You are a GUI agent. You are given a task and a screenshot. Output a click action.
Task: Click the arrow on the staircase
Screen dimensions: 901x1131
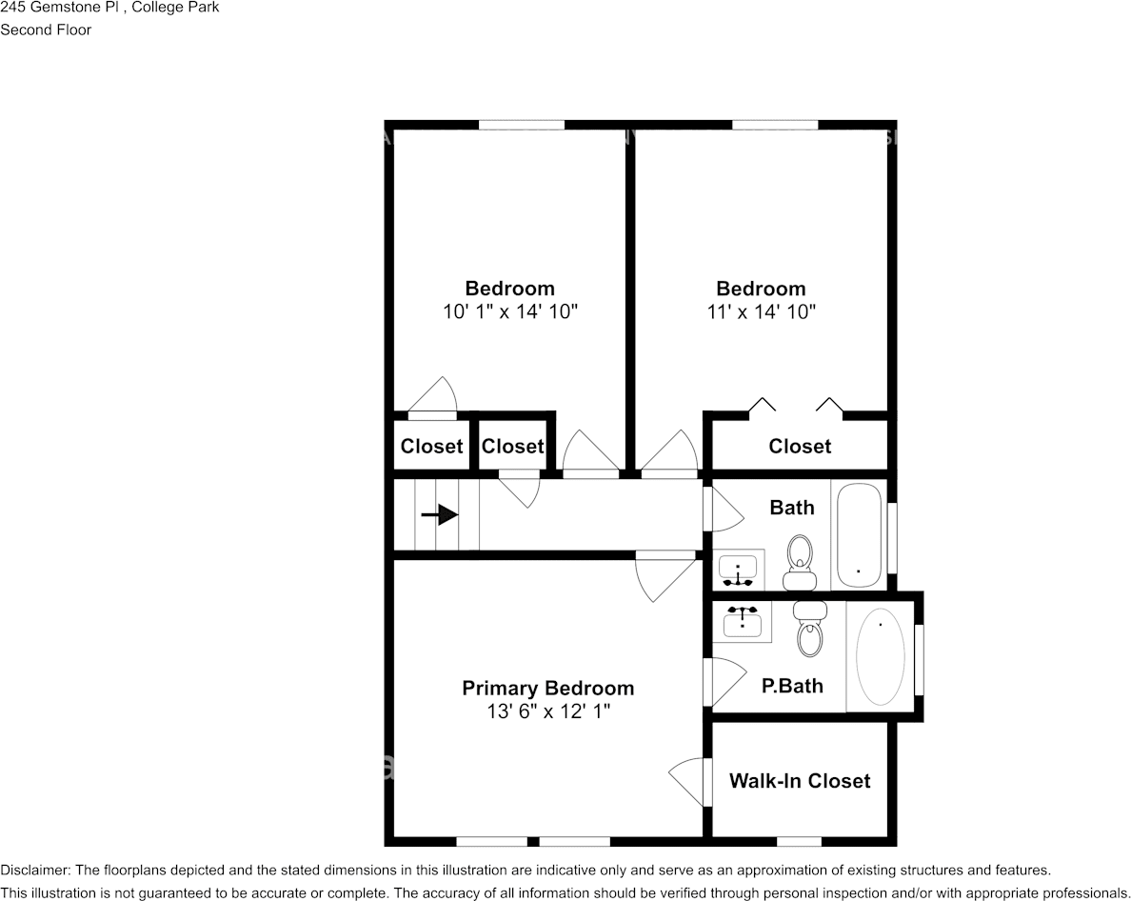point(439,515)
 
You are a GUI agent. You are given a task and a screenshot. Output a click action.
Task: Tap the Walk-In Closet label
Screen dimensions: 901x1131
point(800,781)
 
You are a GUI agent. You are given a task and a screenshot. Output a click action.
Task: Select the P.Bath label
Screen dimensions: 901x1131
point(792,686)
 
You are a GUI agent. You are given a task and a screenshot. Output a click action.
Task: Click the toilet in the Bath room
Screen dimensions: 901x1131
point(800,564)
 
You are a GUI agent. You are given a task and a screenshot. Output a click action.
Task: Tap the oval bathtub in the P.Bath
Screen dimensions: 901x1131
point(881,656)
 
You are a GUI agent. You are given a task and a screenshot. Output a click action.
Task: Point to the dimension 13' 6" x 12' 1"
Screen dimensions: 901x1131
point(547,711)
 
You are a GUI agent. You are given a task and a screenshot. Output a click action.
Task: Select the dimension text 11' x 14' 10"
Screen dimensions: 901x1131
point(761,311)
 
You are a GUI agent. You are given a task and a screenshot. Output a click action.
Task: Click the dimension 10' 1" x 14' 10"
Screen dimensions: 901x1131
point(510,311)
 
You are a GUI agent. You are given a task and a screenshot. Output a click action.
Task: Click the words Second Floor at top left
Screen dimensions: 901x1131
point(46,30)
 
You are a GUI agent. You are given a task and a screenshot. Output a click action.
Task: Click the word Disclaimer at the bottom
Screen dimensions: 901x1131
point(34,870)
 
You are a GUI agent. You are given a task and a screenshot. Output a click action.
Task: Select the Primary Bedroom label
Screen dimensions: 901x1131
point(547,688)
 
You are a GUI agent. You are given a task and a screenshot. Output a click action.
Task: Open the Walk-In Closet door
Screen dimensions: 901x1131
point(692,781)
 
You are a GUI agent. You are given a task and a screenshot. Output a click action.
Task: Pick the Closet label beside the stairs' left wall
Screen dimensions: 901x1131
point(431,446)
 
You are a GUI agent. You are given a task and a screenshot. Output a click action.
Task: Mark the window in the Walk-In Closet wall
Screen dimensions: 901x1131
point(799,841)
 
